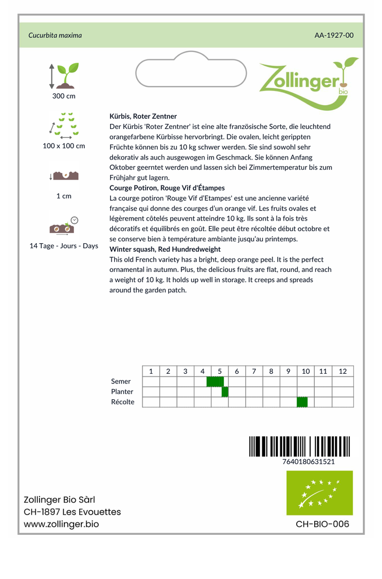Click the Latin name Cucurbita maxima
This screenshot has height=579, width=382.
tap(55, 35)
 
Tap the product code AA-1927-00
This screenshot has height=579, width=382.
tap(334, 35)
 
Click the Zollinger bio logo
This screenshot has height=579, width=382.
tap(308, 83)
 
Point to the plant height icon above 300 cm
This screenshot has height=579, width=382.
tap(64, 76)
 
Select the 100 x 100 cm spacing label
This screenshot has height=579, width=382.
tap(64, 146)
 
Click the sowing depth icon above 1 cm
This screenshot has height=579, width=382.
tap(64, 175)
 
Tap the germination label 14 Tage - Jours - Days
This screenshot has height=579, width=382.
tap(64, 246)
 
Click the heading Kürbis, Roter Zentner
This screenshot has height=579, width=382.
tap(143, 116)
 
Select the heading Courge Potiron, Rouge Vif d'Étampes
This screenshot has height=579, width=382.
tap(167, 188)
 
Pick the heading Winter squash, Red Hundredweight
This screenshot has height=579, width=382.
tap(165, 249)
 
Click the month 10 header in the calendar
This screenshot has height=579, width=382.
tap(306, 371)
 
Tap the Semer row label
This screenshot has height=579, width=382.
tap(121, 382)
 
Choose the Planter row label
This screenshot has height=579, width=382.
tap(122, 392)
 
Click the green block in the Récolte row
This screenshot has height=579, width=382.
tap(302, 402)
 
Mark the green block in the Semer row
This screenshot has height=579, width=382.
tap(215, 382)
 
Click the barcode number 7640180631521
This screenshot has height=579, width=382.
tap(308, 461)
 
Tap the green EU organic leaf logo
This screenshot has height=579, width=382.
tap(319, 492)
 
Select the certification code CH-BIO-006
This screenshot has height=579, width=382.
tap(323, 524)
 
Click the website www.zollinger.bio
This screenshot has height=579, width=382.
tap(61, 524)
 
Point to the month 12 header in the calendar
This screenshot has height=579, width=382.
tap(342, 371)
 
